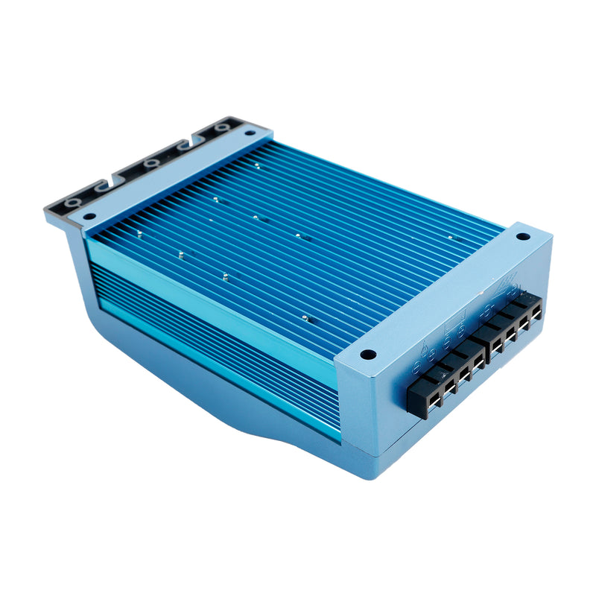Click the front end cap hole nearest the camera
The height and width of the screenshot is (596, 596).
[x=367, y=355]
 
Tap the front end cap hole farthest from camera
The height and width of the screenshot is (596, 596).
[x=524, y=236]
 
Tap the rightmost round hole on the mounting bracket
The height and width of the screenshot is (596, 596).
[x=220, y=128]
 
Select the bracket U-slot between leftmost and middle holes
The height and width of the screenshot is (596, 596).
[x=112, y=183]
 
